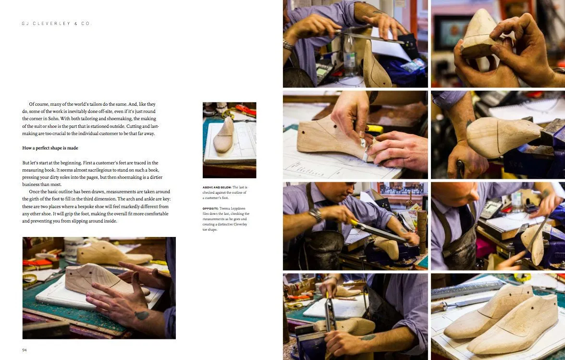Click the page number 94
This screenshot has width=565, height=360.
(x=25, y=350)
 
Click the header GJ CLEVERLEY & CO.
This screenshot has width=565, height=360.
(x=56, y=24)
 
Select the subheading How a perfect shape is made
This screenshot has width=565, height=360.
(x=50, y=148)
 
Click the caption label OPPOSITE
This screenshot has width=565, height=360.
(x=210, y=209)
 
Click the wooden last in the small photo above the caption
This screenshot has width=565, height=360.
(x=224, y=136)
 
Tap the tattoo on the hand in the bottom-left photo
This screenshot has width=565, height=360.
(x=142, y=316)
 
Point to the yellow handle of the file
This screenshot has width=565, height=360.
(x=354, y=223)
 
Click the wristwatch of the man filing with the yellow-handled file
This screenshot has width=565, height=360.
(x=316, y=215)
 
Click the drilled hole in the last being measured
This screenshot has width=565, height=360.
(x=335, y=127)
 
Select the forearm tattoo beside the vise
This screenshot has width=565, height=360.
(x=469, y=123)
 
